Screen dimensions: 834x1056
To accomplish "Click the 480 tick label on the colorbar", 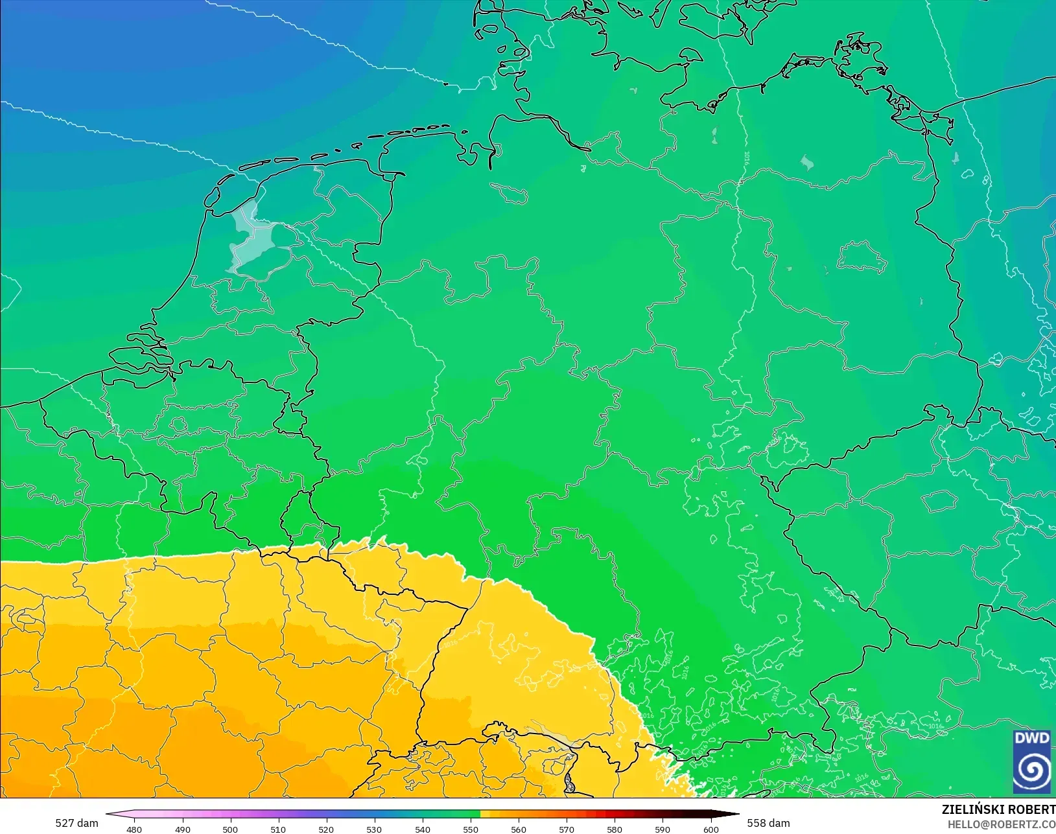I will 134,829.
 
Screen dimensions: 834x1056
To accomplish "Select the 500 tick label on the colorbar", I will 230,829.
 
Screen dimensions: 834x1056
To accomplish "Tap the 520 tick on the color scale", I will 326,829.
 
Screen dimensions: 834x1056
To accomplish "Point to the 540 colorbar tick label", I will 423,829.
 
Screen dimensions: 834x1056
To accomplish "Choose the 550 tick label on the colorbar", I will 471,829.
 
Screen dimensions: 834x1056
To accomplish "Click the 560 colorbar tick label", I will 519,829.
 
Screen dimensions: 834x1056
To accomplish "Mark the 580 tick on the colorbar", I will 615,829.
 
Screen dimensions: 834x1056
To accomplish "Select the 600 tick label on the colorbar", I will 711,829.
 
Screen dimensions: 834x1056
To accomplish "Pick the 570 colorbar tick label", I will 567,829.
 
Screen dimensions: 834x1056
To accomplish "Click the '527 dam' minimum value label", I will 76,823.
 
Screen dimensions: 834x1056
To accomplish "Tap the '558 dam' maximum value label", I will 768,823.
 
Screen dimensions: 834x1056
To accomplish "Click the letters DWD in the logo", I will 1032,738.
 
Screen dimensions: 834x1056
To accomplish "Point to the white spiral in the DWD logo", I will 1032,770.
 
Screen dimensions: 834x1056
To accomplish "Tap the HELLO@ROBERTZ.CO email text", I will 1002,824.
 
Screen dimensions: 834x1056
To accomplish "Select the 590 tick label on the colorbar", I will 663,829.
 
